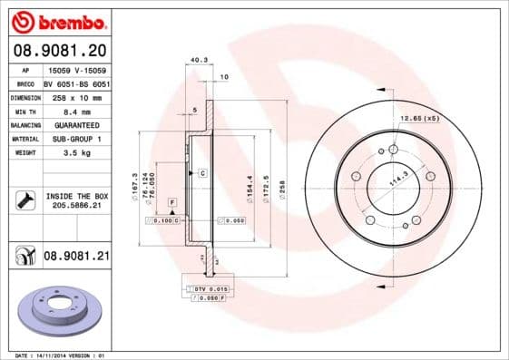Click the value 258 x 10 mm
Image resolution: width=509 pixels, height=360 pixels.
tap(76, 96)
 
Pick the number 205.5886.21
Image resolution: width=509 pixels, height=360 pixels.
tap(76, 207)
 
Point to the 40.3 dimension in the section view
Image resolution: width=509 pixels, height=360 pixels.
tap(197, 61)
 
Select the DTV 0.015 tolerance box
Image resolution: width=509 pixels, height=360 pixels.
tap(206, 288)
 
